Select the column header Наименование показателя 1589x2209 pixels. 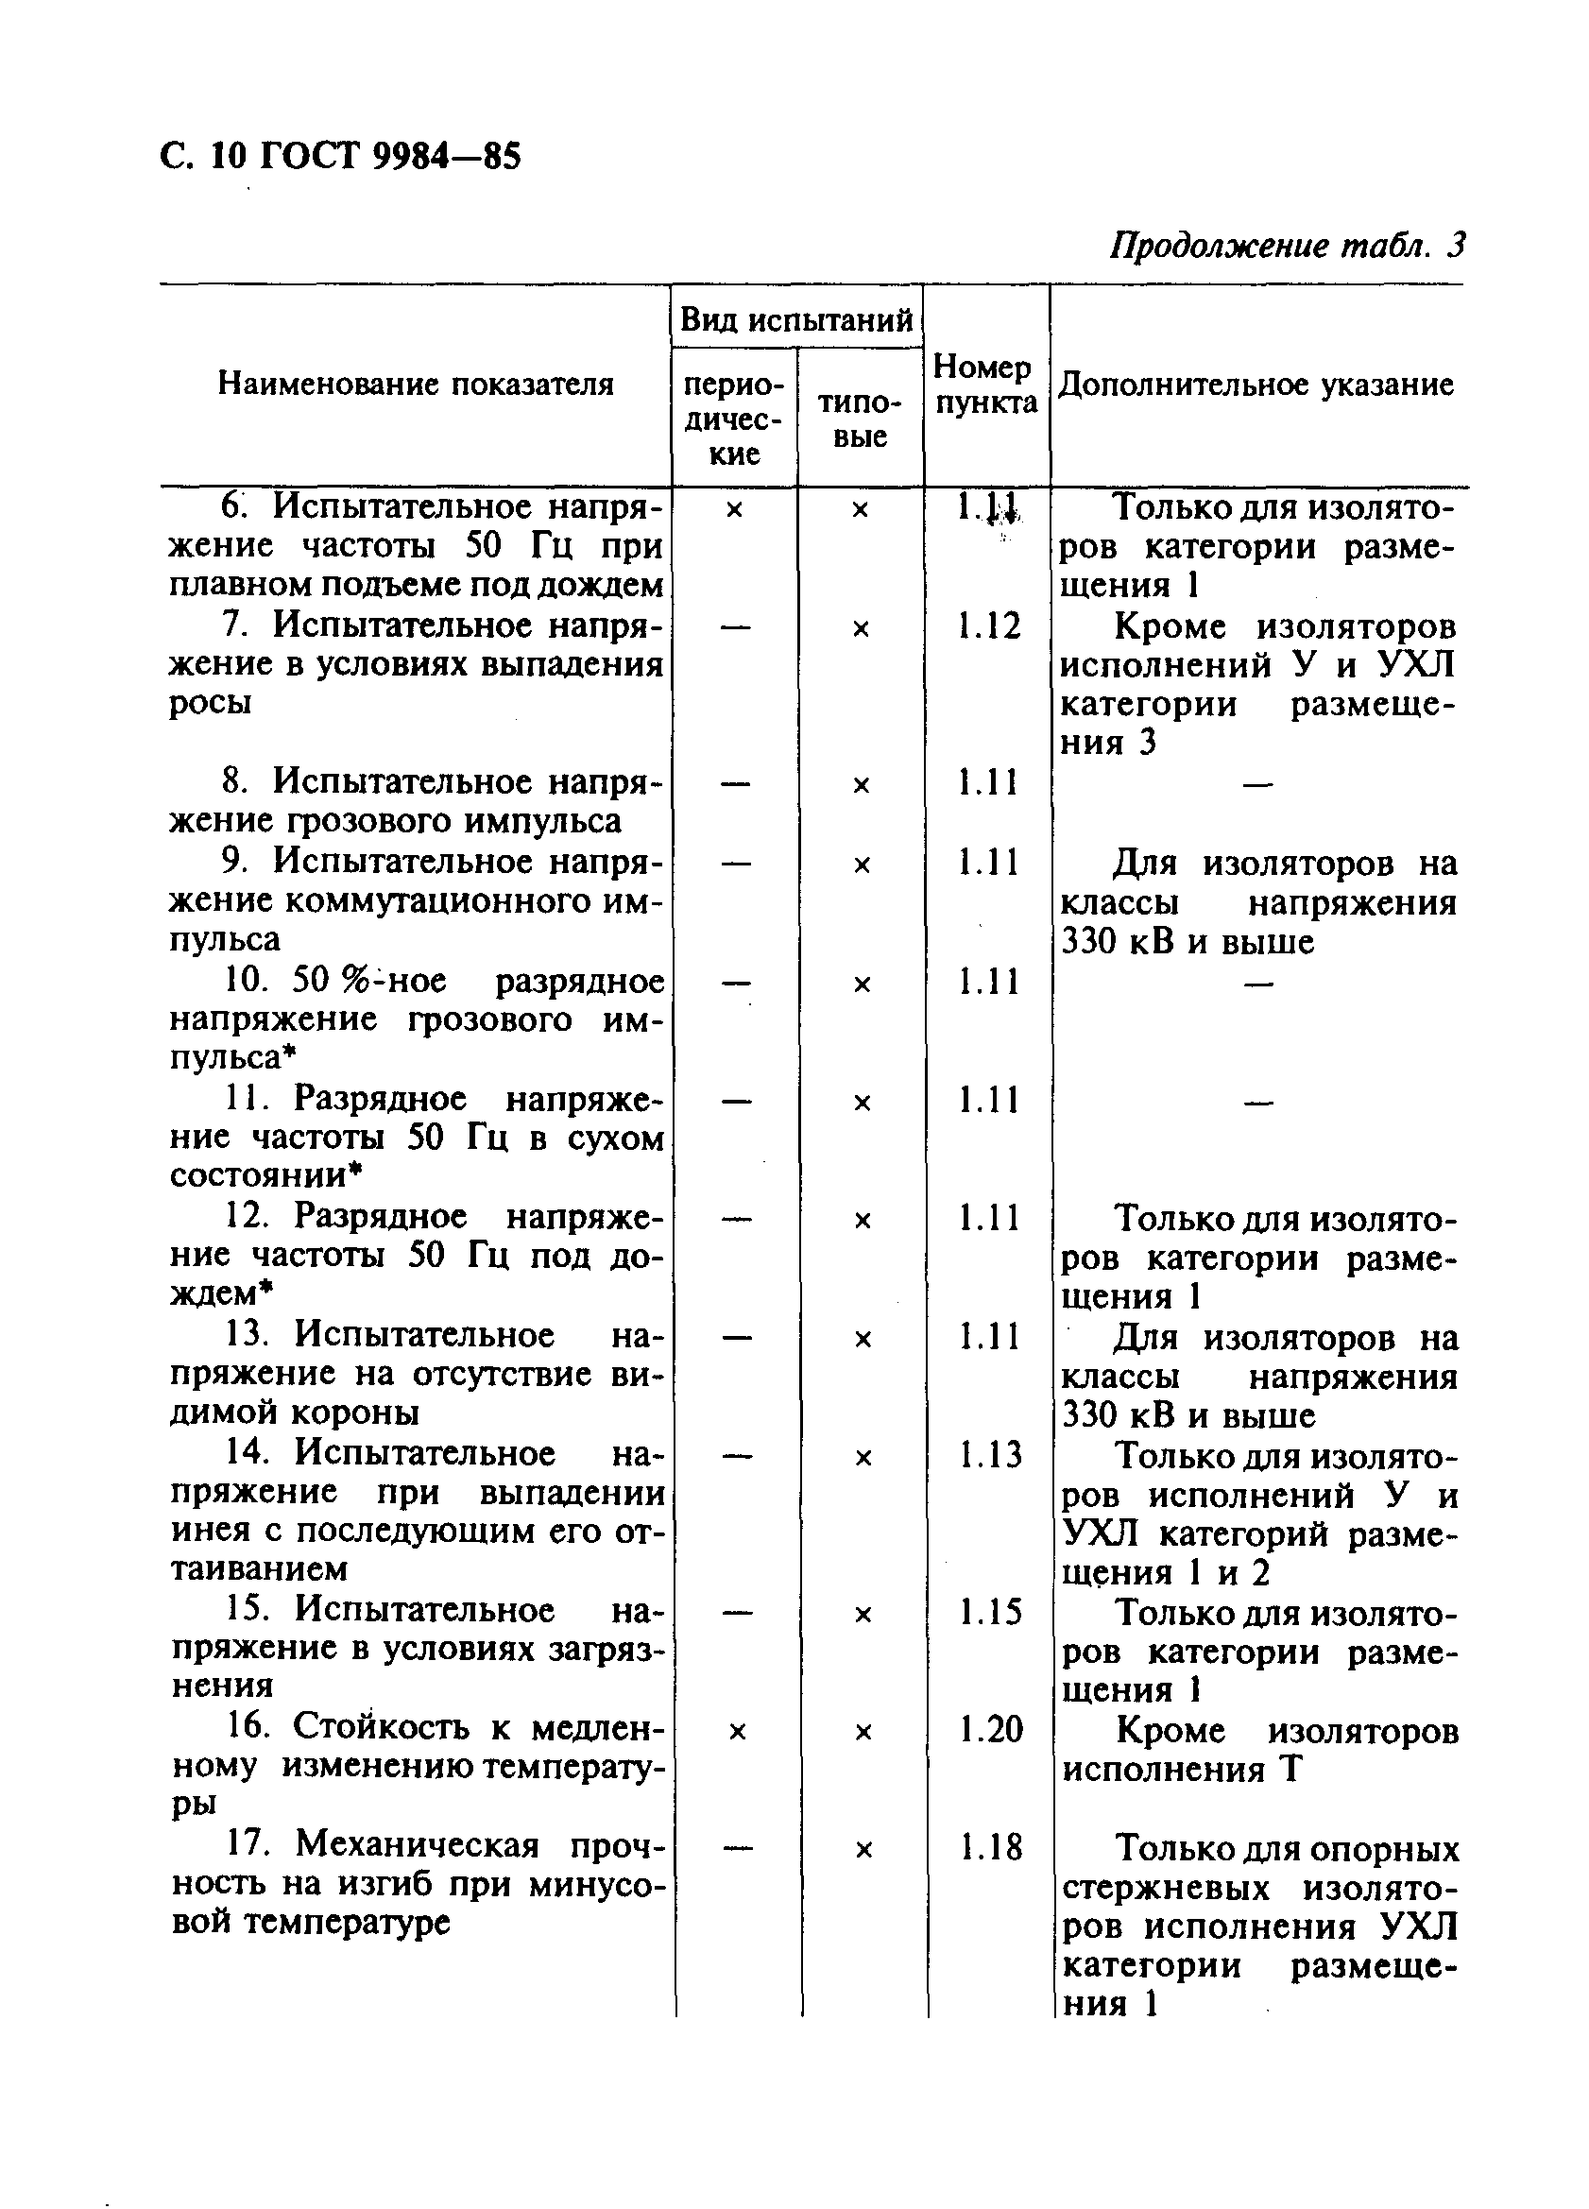click(416, 384)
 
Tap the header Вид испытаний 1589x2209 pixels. click(795, 319)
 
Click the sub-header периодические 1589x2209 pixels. click(733, 419)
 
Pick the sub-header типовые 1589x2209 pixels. click(860, 419)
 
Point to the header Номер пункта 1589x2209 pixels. click(985, 385)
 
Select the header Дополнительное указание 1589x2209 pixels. click(1256, 385)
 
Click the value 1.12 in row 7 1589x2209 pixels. click(988, 626)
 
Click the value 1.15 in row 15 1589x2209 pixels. click(989, 1612)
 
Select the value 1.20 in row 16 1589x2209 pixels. click(990, 1730)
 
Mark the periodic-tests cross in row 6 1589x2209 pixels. click(734, 509)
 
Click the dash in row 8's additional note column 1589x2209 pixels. click(1258, 784)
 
